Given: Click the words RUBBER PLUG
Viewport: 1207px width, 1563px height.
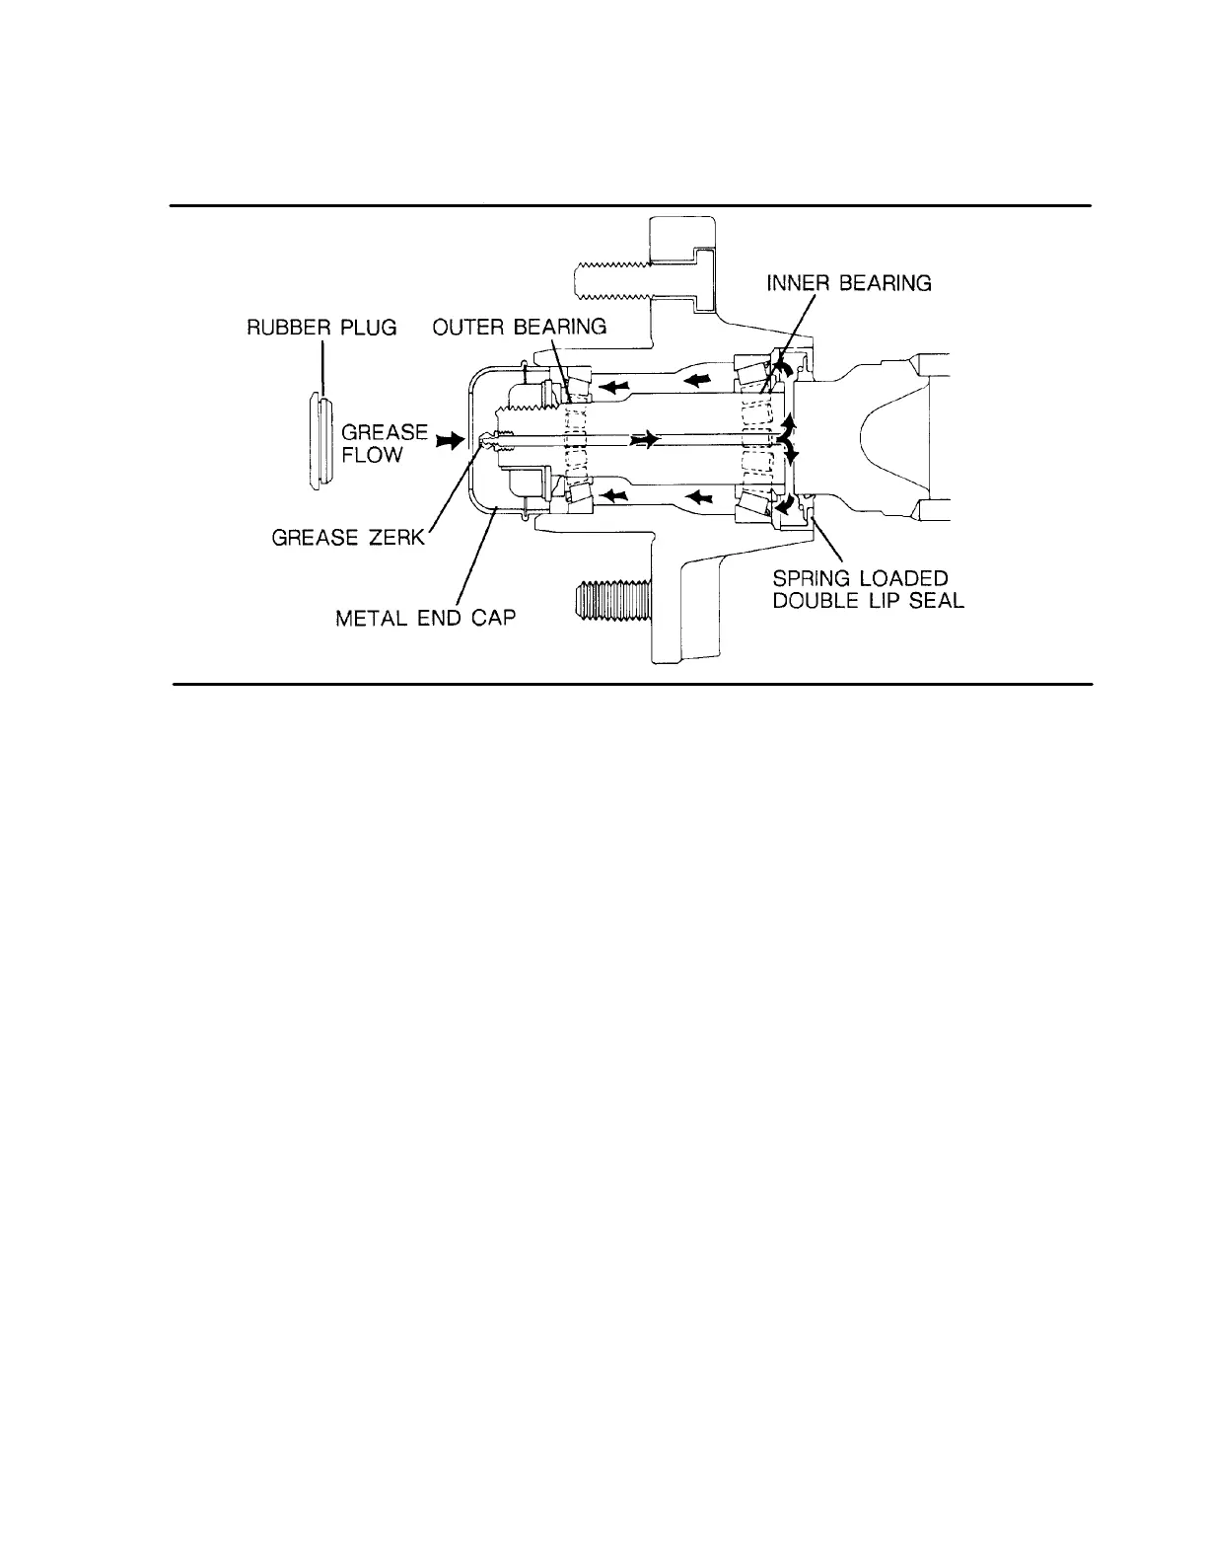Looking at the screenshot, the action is (321, 328).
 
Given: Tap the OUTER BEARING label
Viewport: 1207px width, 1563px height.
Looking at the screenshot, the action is (520, 328).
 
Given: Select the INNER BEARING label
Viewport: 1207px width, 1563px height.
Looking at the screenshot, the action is (849, 284).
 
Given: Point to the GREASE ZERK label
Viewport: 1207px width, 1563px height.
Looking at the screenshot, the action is (347, 538).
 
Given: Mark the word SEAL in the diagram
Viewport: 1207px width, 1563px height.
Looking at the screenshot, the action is (936, 601).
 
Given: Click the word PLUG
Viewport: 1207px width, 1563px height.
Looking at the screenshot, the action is (370, 328).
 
